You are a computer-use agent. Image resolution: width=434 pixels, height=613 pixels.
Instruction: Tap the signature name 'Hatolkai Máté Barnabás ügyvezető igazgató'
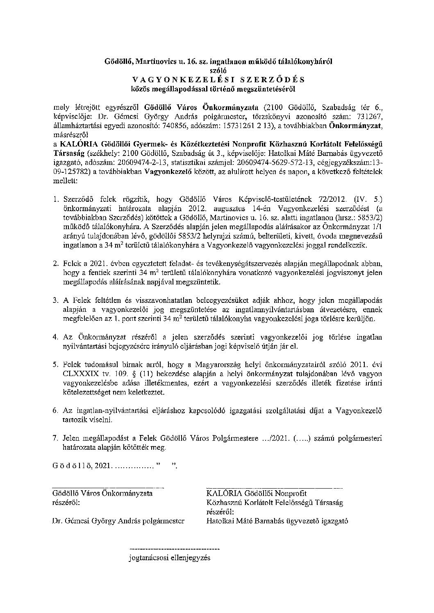[277, 521]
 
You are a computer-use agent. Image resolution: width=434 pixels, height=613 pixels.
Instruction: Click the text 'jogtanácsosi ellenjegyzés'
[169, 557]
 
